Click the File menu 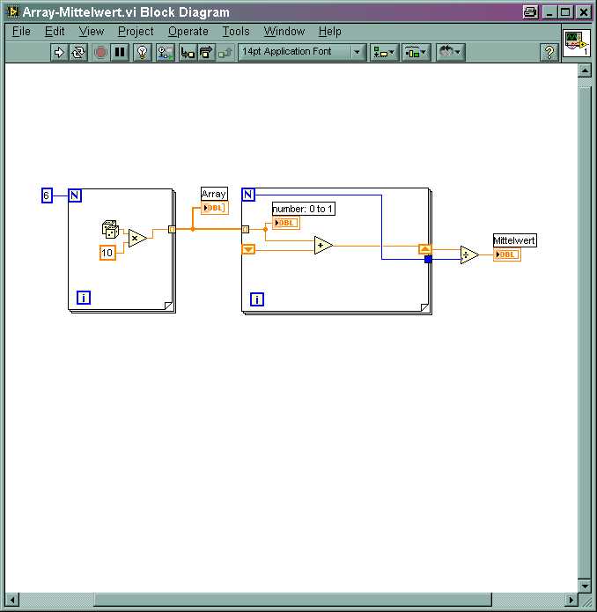[x=21, y=31]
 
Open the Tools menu [x=236, y=31]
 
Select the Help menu [x=329, y=31]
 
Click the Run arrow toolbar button [x=59, y=52]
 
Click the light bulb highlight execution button [x=142, y=52]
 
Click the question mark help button [x=549, y=52]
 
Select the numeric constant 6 [x=47, y=195]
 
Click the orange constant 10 [x=107, y=253]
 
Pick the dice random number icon [x=110, y=229]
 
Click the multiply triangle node [x=137, y=238]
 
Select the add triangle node [x=323, y=245]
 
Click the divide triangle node [x=469, y=254]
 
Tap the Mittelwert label [x=514, y=240]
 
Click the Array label [x=214, y=194]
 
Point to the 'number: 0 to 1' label [x=303, y=209]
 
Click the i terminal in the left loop [x=84, y=298]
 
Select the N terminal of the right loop [x=248, y=195]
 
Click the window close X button [x=583, y=12]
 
